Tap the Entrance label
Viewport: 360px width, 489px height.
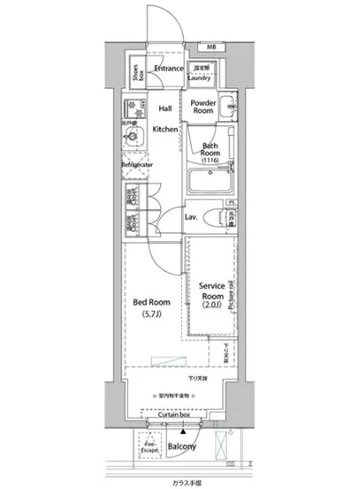click(x=169, y=68)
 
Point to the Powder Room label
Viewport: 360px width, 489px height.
click(x=204, y=107)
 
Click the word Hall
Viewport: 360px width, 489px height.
click(x=165, y=108)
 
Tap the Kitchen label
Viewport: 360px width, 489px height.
click(x=165, y=130)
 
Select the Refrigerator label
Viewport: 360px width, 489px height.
click(x=139, y=165)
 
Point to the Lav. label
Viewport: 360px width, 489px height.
click(x=190, y=217)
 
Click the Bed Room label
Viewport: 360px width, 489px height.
click(x=152, y=308)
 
